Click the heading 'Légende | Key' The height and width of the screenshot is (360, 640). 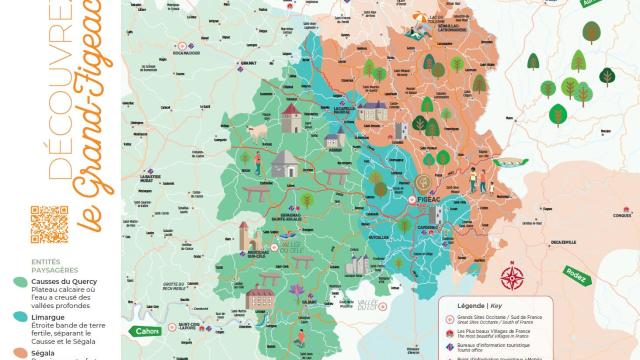click(487, 305)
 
